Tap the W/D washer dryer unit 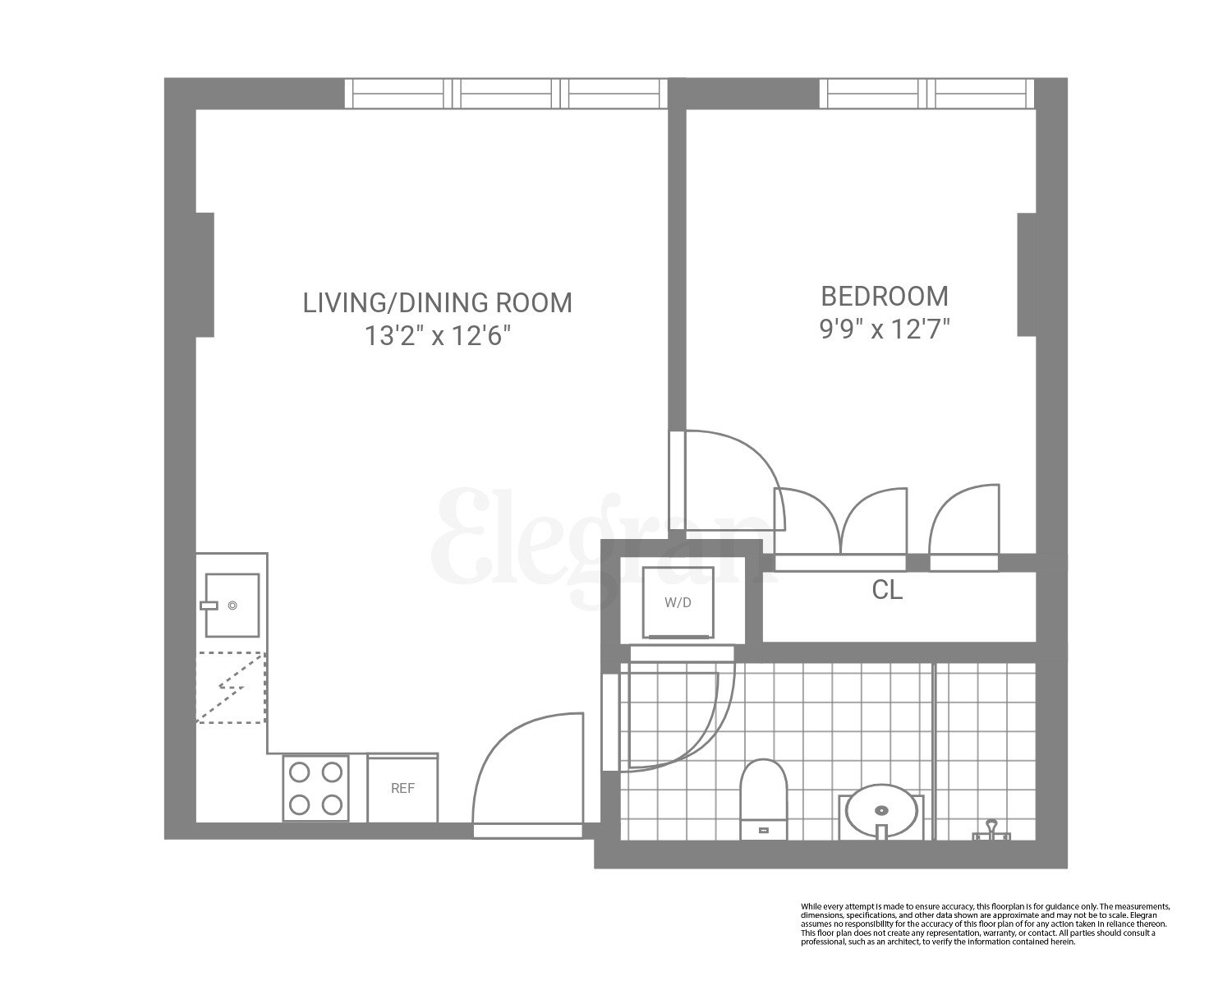[678, 602]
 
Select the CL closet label [887, 590]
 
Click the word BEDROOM [885, 296]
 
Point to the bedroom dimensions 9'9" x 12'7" [885, 330]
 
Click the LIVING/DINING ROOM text [438, 302]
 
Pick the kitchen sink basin [232, 606]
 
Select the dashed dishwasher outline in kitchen [231, 687]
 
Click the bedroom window [926, 93]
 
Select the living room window [505, 93]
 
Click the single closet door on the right [965, 522]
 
